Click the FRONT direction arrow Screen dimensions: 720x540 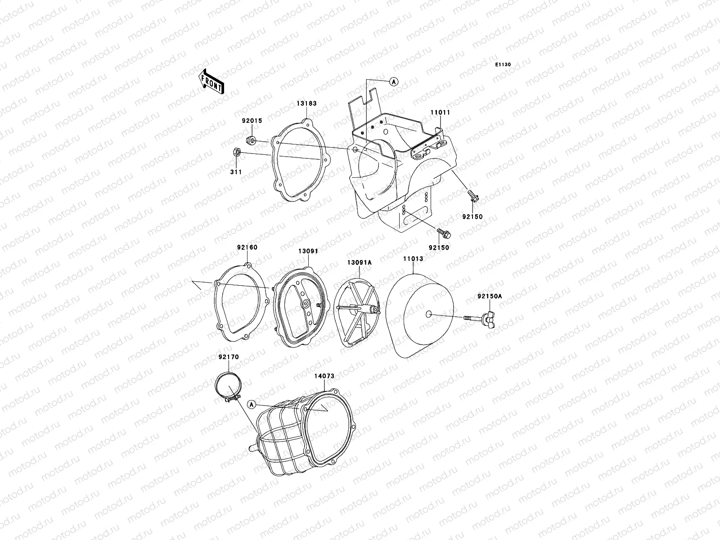click(211, 81)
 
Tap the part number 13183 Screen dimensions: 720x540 click(307, 103)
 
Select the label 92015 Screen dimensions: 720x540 click(252, 121)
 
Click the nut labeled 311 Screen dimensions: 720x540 click(237, 152)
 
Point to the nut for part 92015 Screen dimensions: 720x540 click(251, 141)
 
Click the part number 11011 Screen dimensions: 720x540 click(441, 112)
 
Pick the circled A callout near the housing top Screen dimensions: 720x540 click(394, 81)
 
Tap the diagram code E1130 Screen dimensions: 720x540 click(503, 65)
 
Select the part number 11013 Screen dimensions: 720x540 click(413, 259)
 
